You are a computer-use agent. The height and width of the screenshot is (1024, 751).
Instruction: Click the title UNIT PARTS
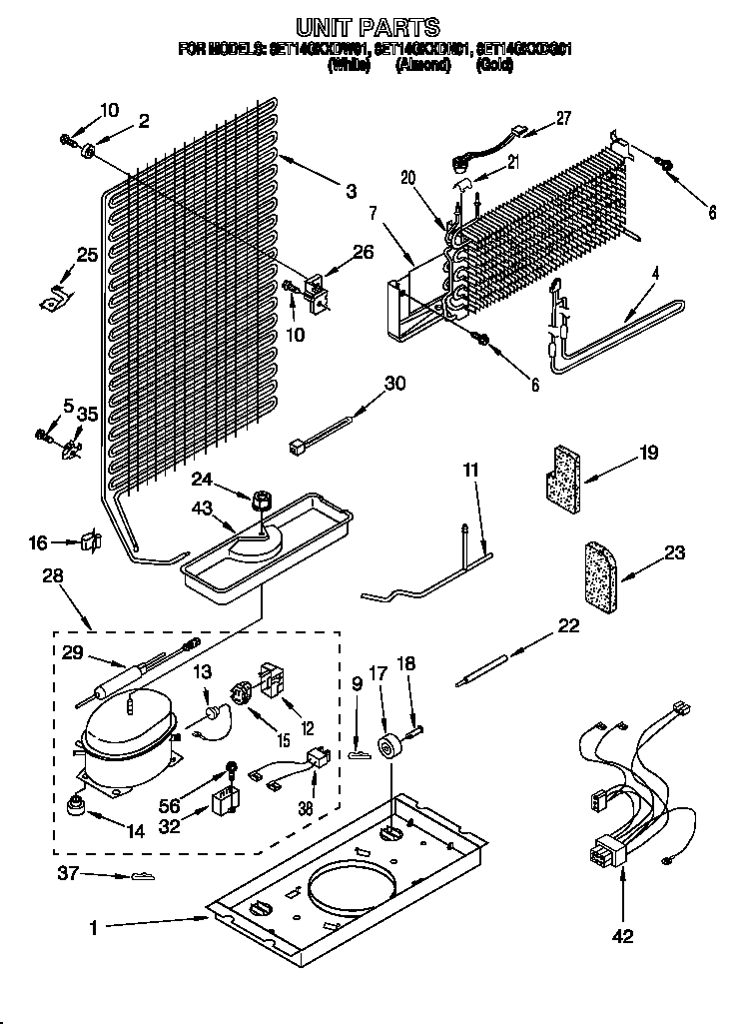pos(368,27)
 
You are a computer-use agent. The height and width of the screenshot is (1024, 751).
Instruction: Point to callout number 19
pos(648,454)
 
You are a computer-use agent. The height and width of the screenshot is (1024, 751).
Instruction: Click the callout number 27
pos(563,118)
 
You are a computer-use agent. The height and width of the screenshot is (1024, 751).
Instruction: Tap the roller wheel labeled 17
pos(386,745)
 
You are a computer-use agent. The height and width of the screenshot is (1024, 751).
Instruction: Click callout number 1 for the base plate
pos(93,927)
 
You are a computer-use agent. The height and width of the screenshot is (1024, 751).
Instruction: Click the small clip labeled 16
pos(91,541)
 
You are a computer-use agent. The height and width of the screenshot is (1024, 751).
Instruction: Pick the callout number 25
pos(87,255)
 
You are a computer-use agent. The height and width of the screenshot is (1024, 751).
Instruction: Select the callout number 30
pos(395,383)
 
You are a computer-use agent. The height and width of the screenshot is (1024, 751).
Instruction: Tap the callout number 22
pos(568,625)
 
